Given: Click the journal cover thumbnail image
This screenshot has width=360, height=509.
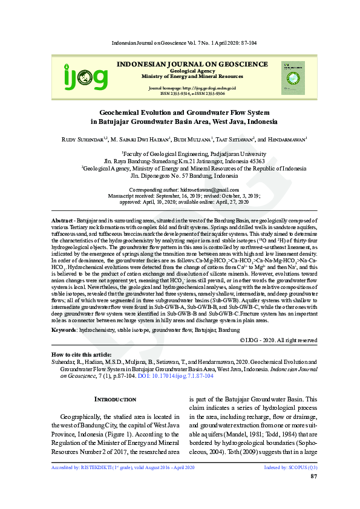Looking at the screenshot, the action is pos(293,77).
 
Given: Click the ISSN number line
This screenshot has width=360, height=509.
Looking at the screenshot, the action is pos(192,94).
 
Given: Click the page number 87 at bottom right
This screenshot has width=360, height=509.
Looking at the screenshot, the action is pos(313,477).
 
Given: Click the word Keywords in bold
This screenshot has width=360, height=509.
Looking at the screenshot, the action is pos(64,329).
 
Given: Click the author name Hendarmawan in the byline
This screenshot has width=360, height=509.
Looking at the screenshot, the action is pos(286,139).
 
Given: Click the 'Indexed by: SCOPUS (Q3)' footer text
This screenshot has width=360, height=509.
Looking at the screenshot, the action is pos(290,468).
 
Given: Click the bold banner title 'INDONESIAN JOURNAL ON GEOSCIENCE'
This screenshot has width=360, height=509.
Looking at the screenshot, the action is pos(192,63).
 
